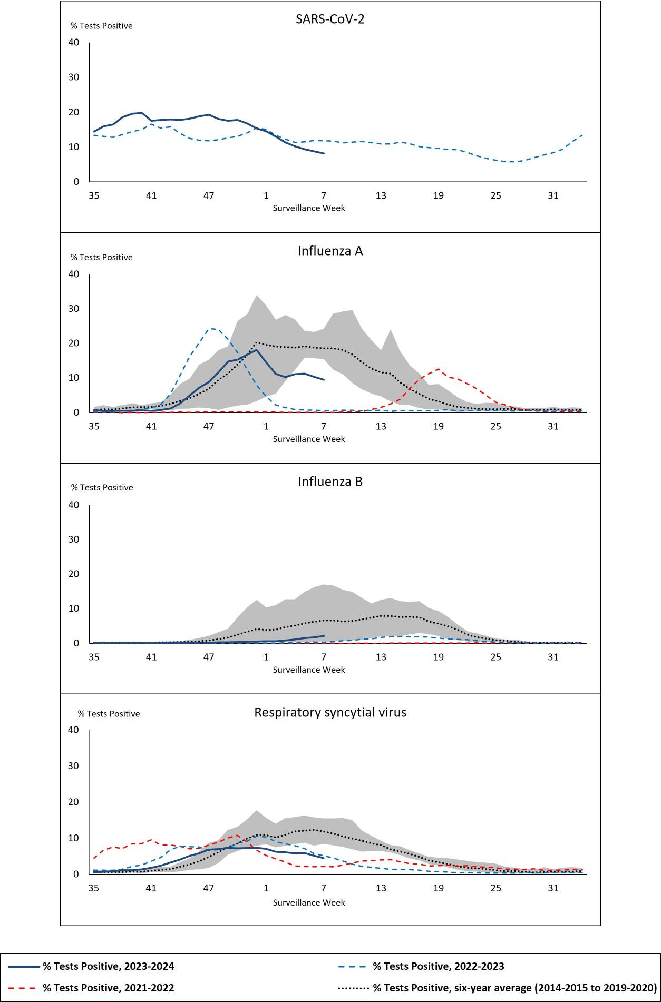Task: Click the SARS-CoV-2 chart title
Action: tap(330, 19)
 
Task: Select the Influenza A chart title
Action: tap(330, 251)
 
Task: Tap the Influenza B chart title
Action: tap(330, 482)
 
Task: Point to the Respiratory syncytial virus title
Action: tap(330, 712)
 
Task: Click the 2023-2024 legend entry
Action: tap(108, 966)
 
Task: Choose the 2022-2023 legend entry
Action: tap(438, 966)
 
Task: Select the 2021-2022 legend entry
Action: tap(108, 988)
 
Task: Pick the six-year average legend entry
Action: tap(514, 988)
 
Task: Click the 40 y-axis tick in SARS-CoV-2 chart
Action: tap(74, 42)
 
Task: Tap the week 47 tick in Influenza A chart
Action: tap(209, 426)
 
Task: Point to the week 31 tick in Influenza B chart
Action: tap(553, 657)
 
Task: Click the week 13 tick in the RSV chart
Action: tap(381, 888)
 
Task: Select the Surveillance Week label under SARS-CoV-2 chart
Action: tap(309, 208)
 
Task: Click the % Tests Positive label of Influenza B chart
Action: tap(102, 487)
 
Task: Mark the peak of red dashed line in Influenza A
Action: tap(438, 369)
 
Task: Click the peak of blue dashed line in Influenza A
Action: tap(211, 328)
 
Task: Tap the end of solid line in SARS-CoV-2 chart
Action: tap(324, 153)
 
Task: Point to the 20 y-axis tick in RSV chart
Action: tap(74, 802)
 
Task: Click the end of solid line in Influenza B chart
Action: tap(324, 636)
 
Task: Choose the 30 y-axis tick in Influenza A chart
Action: tap(74, 308)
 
